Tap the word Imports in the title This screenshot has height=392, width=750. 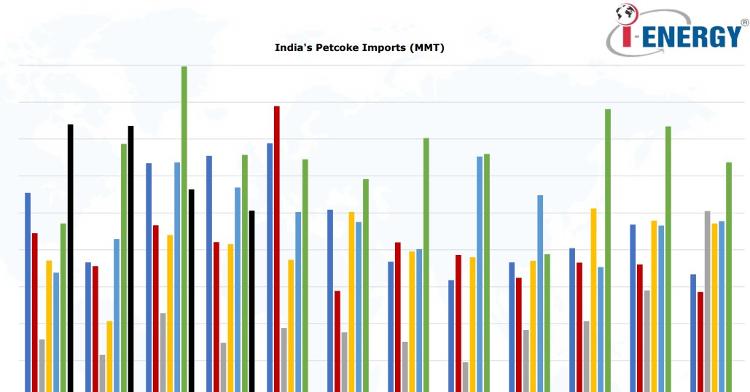(384, 48)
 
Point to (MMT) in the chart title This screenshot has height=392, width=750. (427, 48)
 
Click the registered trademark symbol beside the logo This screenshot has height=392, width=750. (744, 23)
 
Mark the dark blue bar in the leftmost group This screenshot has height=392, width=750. (28, 291)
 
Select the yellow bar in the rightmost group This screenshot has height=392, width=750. (714, 306)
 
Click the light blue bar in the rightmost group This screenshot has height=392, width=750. (722, 305)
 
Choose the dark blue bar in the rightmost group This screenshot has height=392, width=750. (693, 332)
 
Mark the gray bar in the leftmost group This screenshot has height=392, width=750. (42, 364)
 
